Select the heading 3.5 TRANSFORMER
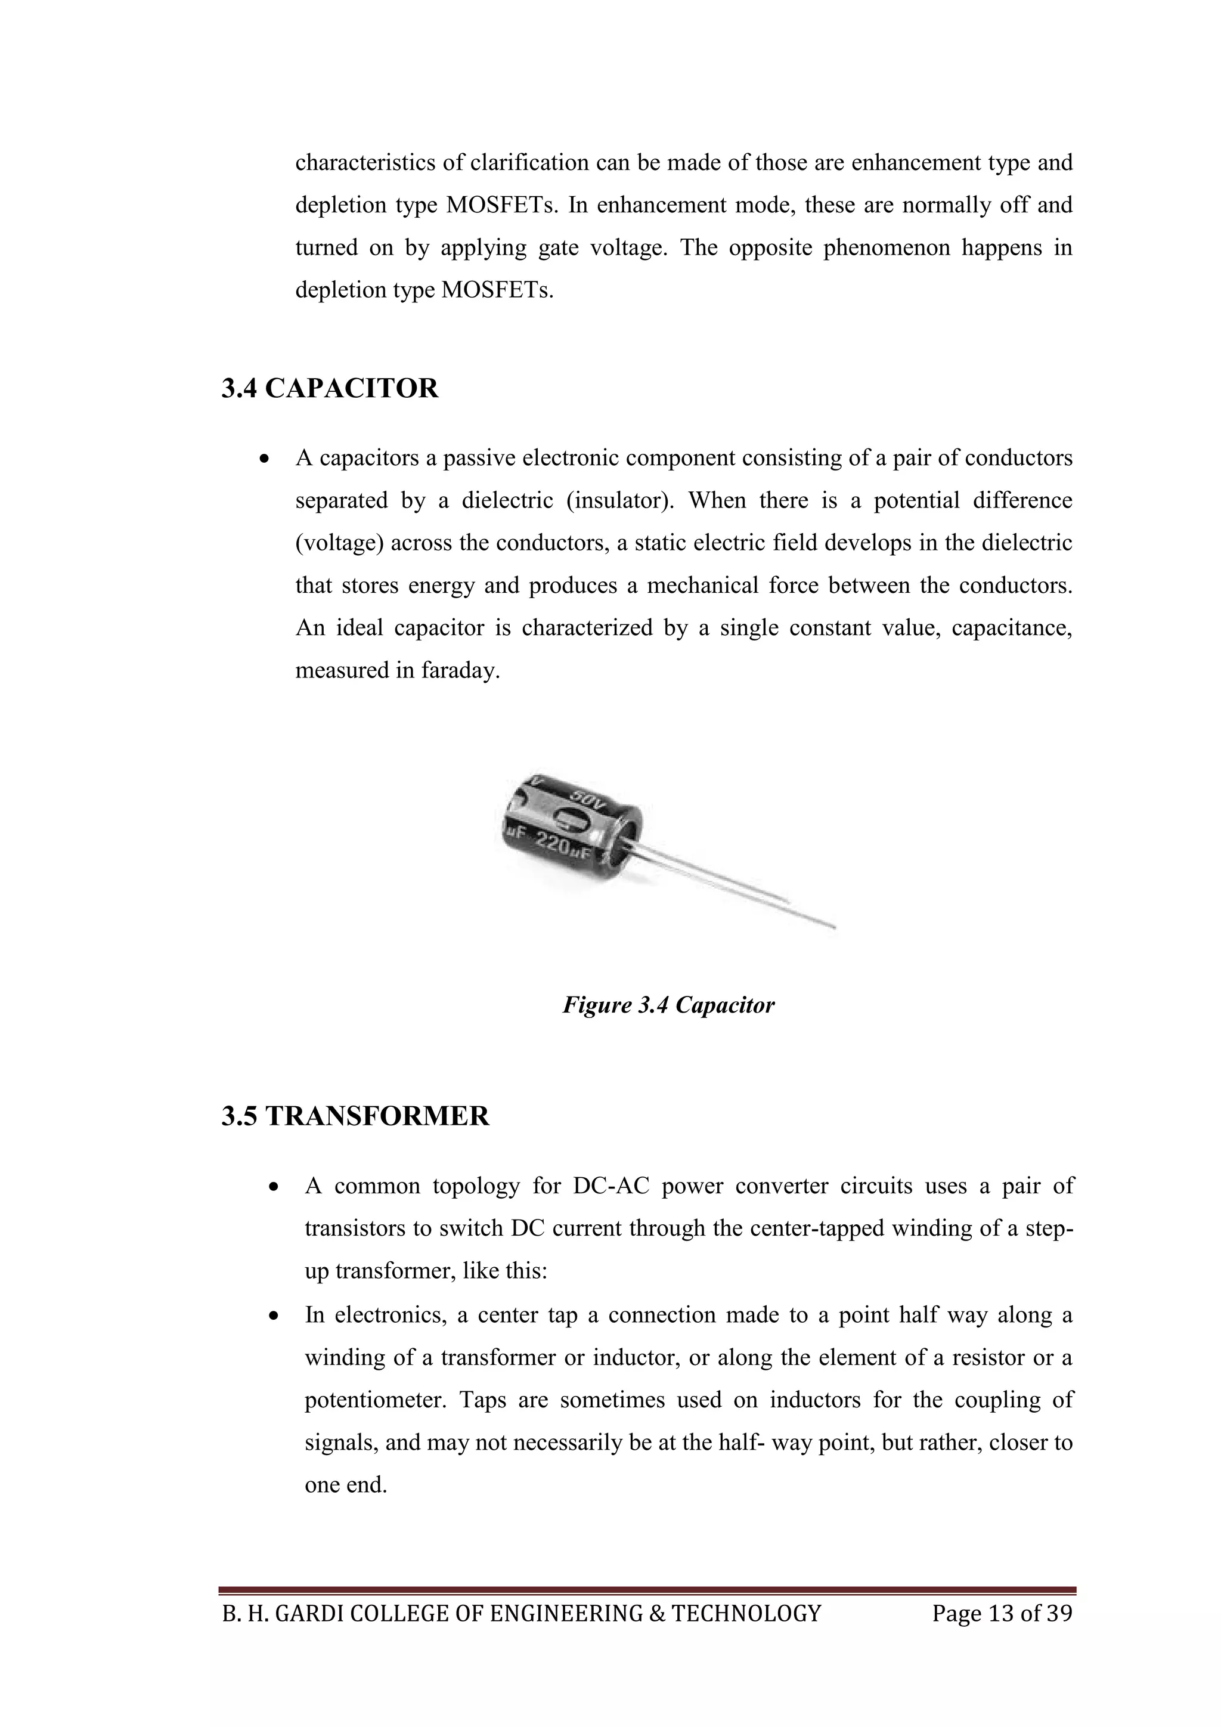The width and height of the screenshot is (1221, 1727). tap(355, 1116)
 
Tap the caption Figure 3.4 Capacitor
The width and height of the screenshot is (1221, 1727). tap(668, 1005)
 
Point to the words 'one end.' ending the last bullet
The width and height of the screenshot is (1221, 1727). tap(345, 1485)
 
